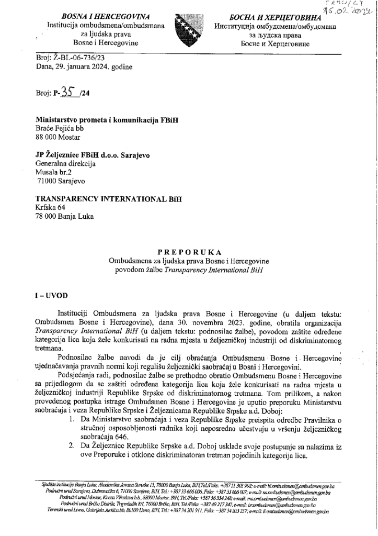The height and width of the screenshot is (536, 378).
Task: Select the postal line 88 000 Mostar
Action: point(57,137)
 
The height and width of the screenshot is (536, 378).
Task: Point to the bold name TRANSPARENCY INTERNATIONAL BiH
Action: point(109,199)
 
